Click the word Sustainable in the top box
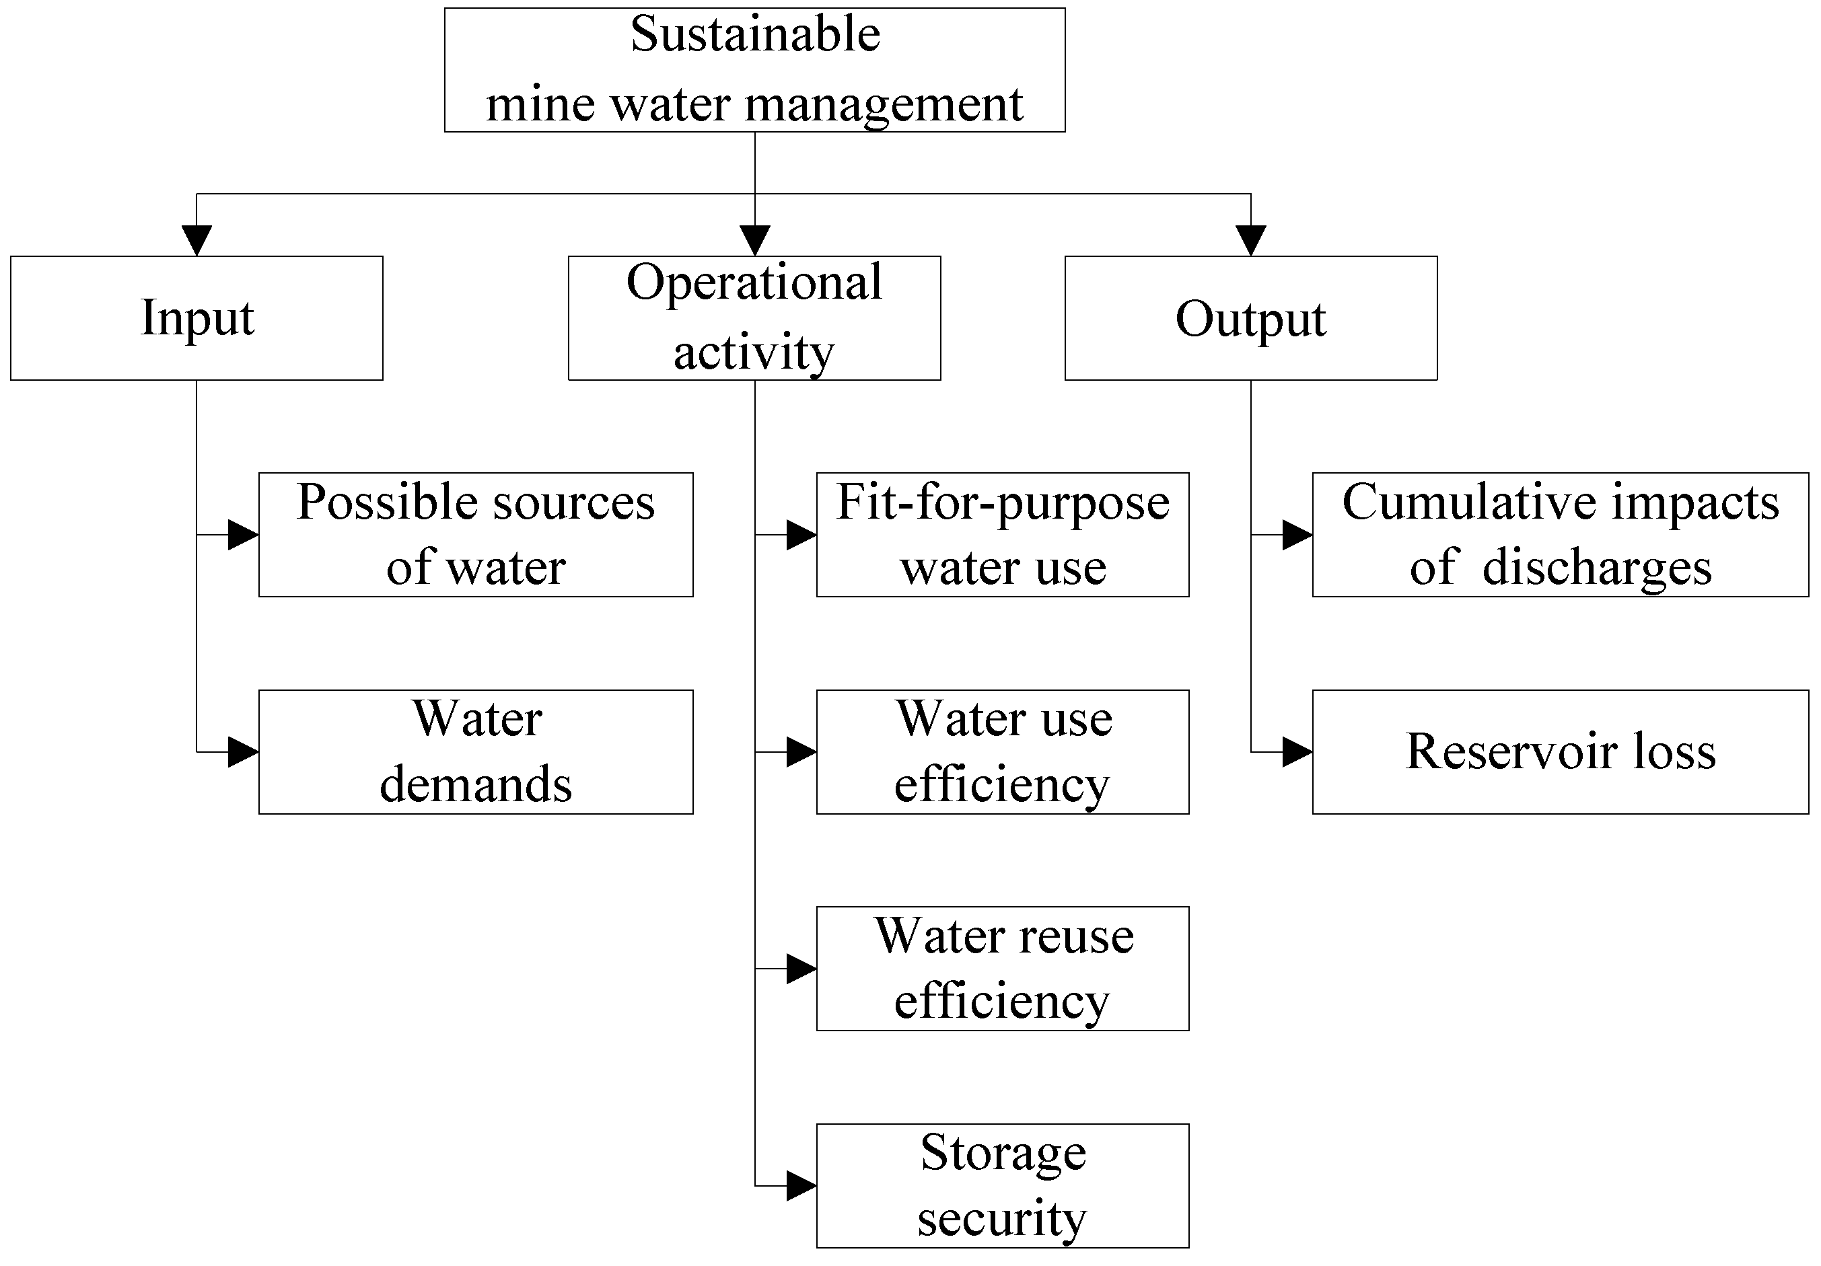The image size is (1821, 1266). tap(754, 35)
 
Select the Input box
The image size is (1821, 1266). tap(197, 318)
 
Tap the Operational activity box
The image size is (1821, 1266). tap(754, 318)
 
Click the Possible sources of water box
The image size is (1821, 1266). tap(476, 534)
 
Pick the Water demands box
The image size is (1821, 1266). tap(476, 751)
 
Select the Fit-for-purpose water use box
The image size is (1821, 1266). tap(1003, 534)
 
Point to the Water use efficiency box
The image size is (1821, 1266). tap(1003, 751)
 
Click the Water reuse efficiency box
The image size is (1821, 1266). tap(1003, 968)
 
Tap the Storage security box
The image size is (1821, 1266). tap(1003, 1185)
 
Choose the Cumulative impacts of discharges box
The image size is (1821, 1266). tap(1560, 534)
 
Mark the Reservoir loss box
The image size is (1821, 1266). tap(1560, 751)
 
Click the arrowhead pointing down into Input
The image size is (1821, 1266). tap(197, 240)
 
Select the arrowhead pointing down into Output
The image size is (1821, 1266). tap(1251, 240)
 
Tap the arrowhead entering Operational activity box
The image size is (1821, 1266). tap(755, 240)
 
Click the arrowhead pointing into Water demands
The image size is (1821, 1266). tap(243, 751)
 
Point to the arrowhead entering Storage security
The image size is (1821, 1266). tap(801, 1185)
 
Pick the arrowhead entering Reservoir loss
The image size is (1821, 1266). tap(1297, 751)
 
